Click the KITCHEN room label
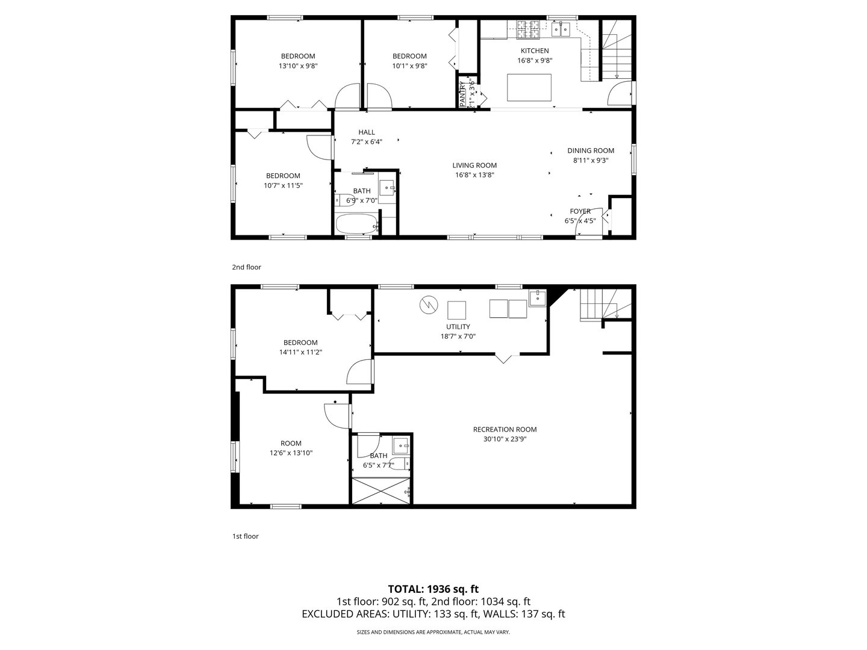534,51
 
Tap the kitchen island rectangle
529,87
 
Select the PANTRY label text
462,94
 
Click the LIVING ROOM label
474,166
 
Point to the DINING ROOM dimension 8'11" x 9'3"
591,161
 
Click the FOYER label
580,211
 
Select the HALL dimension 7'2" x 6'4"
367,142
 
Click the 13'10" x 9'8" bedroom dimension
298,66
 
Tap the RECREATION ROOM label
505,429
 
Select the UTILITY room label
458,327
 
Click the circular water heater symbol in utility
427,305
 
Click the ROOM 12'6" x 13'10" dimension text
291,453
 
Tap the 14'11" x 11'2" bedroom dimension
300,352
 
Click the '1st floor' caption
246,536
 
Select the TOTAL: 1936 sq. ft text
433,589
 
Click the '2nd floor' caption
246,267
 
